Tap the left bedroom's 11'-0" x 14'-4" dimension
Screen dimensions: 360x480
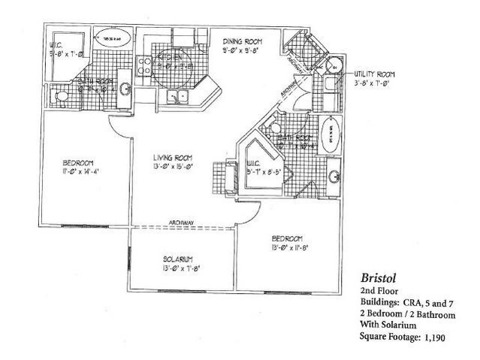[77, 172]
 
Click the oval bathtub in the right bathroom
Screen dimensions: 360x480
[330, 138]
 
